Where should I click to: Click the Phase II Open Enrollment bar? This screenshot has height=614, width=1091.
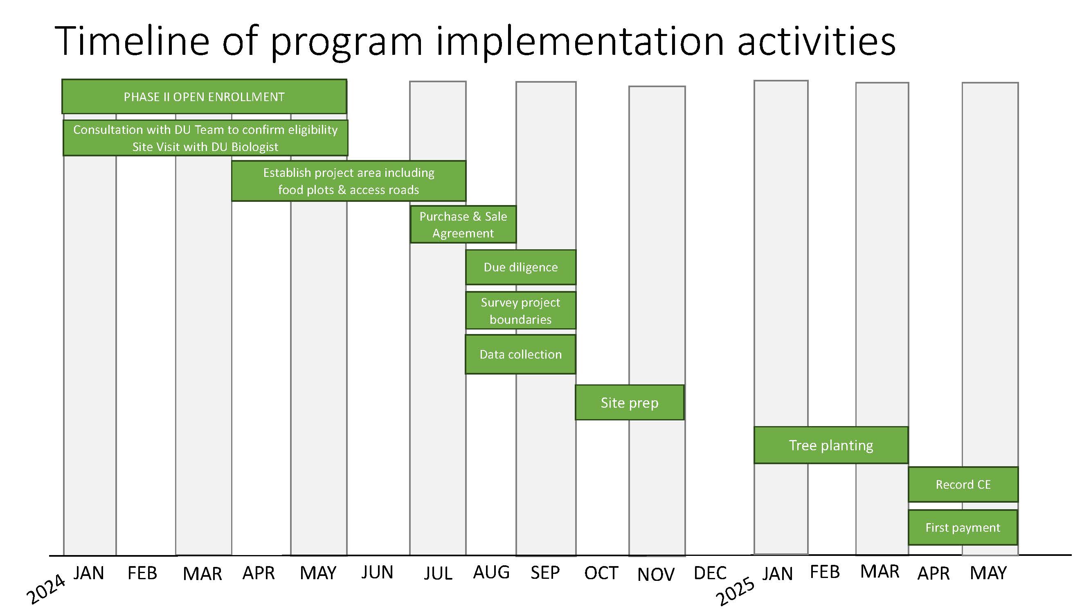204,97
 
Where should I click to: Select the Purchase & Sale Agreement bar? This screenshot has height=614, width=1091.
463,225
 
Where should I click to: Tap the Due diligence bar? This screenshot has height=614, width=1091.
521,267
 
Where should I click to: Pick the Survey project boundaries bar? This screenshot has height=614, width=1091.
521,311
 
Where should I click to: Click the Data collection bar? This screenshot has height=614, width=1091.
520,354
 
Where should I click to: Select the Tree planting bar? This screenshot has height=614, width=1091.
831,445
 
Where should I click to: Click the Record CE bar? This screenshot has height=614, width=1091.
963,485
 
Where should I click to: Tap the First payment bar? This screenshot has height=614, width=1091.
963,528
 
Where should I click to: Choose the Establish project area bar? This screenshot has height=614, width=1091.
349,181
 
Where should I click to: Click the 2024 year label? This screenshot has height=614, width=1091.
46,589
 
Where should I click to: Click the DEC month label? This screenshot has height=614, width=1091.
710,573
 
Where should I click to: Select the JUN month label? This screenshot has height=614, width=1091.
377,573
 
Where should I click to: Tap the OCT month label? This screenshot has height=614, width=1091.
601,573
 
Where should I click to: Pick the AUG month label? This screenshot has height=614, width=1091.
491,573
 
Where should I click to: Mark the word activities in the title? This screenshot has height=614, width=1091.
817,41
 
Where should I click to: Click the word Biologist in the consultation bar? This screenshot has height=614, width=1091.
254,147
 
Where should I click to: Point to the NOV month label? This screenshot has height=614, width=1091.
656,575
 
